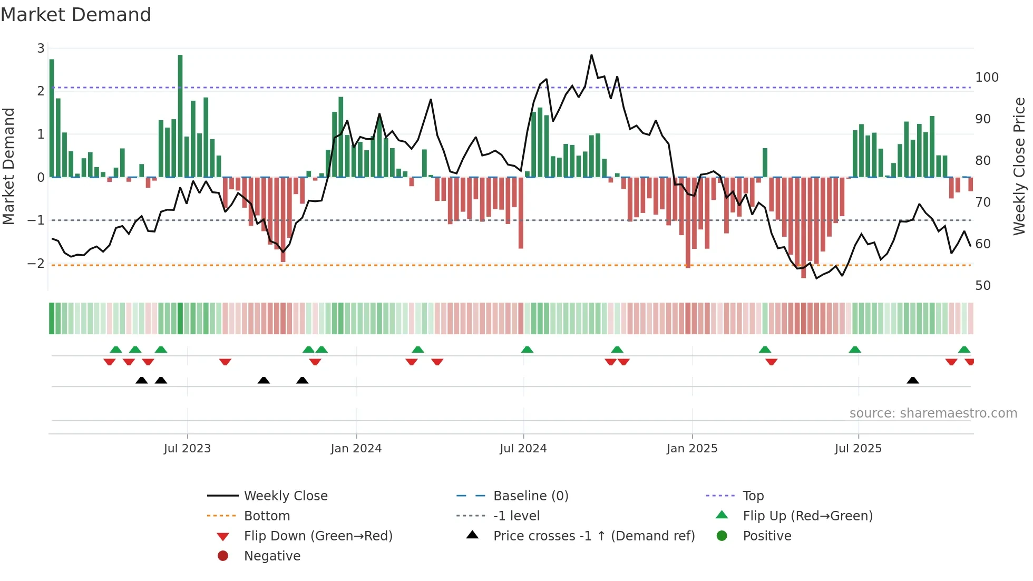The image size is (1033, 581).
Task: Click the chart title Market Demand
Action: (x=76, y=15)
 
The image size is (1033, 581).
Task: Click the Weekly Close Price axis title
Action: (x=1019, y=166)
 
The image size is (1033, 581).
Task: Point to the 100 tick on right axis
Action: (x=987, y=78)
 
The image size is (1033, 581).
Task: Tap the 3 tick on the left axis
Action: (x=41, y=49)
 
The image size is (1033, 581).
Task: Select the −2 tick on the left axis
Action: (x=36, y=263)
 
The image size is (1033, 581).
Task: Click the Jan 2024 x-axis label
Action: (x=356, y=449)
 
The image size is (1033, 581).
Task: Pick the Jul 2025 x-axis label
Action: (x=857, y=449)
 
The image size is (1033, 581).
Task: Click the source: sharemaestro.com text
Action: (x=933, y=413)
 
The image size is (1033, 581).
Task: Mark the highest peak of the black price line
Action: (x=591, y=55)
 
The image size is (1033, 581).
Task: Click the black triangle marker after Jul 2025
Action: (x=913, y=381)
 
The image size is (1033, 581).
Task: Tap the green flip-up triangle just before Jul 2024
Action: (x=527, y=350)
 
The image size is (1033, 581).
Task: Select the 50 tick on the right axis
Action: (x=982, y=286)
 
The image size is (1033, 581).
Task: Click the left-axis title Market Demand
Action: (x=8, y=166)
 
